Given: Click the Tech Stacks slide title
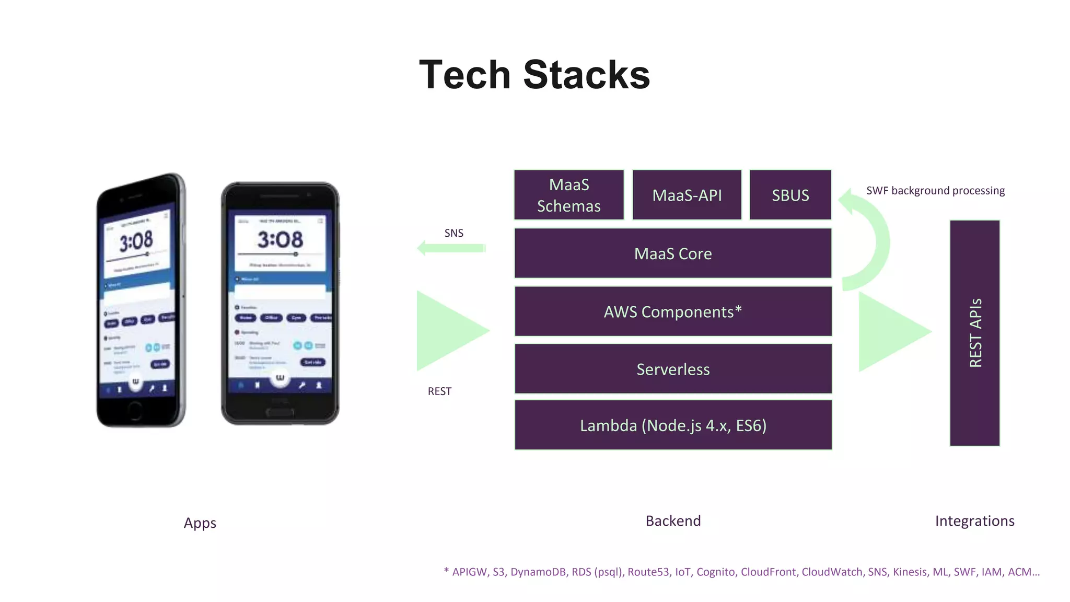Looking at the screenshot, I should pyautogui.click(x=534, y=75).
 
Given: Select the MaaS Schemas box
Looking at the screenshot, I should pyautogui.click(x=568, y=195).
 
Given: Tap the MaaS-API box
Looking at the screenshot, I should pyautogui.click(x=687, y=195).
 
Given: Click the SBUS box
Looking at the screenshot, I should pyautogui.click(x=790, y=195).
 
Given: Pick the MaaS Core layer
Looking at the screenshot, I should pyautogui.click(x=673, y=253).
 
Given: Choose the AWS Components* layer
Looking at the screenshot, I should pyautogui.click(x=673, y=311).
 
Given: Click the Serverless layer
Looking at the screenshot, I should pyautogui.click(x=673, y=369).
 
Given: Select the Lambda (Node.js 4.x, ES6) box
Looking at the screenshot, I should pyautogui.click(x=673, y=425).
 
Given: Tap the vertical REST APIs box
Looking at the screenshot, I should pyautogui.click(x=974, y=333).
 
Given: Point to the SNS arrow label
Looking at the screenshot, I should pyautogui.click(x=453, y=233).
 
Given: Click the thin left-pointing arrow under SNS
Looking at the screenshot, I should pyautogui.click(x=451, y=248).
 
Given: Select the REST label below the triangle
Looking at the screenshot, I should pyautogui.click(x=439, y=391).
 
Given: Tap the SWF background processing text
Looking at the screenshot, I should pyautogui.click(x=935, y=191).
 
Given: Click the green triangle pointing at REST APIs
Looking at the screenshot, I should pyautogui.click(x=888, y=332).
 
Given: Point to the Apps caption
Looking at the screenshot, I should pyautogui.click(x=200, y=523).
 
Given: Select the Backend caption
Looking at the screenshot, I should pyautogui.click(x=673, y=521).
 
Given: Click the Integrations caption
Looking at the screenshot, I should pyautogui.click(x=974, y=521).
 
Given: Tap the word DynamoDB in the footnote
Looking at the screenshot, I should pyautogui.click(x=538, y=572).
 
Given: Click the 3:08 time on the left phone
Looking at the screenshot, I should pyautogui.click(x=136, y=241).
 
